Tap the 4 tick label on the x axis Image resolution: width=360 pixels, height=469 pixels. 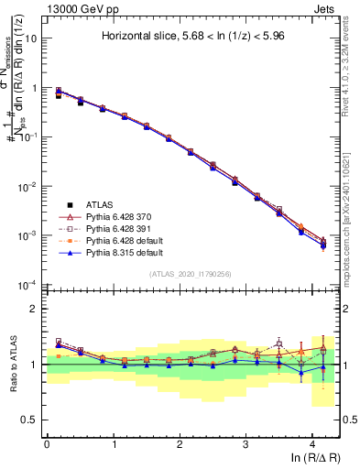312,444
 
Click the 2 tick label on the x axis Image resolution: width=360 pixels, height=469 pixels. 180,444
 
